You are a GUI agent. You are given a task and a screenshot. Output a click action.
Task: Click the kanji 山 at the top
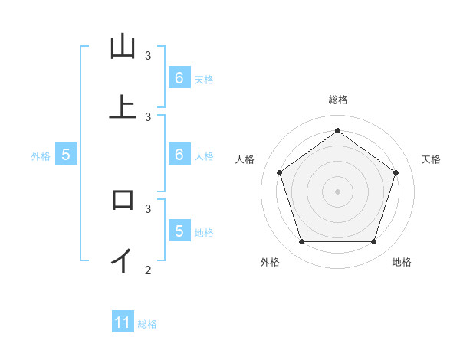point(123,47)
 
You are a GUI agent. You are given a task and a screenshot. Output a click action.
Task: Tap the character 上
point(123,107)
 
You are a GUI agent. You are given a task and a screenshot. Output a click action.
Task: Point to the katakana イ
point(122,260)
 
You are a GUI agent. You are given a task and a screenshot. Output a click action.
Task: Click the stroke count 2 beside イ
point(148,270)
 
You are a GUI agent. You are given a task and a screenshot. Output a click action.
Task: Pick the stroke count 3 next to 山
point(148,56)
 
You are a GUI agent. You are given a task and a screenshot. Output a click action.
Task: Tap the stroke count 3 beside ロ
point(148,208)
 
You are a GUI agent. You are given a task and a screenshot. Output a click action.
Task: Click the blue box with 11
point(123,322)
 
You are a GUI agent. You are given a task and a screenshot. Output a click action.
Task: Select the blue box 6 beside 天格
point(179,78)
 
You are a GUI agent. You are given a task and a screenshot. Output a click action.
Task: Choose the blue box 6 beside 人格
point(179,155)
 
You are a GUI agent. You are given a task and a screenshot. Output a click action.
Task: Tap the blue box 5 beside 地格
point(179,231)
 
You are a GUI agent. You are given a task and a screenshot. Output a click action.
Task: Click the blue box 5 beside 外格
point(66,155)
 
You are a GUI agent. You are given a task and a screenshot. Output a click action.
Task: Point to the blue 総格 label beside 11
point(147,324)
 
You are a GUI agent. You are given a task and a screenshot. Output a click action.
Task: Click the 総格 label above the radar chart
point(338,100)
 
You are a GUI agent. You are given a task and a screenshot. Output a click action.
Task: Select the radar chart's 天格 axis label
point(431,159)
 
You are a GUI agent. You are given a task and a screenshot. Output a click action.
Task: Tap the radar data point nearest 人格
point(279,172)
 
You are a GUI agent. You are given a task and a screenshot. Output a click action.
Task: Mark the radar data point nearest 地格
point(373,241)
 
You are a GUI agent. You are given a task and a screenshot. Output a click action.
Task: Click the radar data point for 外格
point(301,241)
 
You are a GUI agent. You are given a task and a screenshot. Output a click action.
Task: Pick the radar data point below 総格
point(337,130)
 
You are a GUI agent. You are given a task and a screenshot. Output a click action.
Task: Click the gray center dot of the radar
point(337,191)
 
